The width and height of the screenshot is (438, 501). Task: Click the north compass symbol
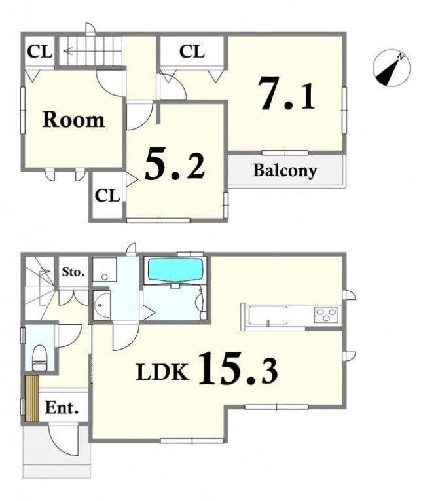click(x=392, y=68)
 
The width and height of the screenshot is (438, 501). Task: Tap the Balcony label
click(x=285, y=171)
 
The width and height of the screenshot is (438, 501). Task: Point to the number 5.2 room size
click(x=174, y=164)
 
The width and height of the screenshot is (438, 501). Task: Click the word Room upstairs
click(x=73, y=120)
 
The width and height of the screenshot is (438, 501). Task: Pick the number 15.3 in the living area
click(x=238, y=367)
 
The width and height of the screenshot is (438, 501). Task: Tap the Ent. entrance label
click(x=62, y=408)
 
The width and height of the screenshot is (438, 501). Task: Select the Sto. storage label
click(x=73, y=272)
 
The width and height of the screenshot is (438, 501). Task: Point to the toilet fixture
click(x=40, y=358)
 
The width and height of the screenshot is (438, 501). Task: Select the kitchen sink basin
click(x=268, y=316)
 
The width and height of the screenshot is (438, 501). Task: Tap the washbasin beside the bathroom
click(x=101, y=305)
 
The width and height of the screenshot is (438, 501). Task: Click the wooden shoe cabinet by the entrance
click(x=31, y=398)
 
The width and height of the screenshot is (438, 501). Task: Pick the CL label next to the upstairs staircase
click(x=40, y=52)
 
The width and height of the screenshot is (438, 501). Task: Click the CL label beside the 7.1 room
click(x=192, y=52)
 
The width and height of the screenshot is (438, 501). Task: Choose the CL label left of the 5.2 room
click(x=107, y=195)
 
